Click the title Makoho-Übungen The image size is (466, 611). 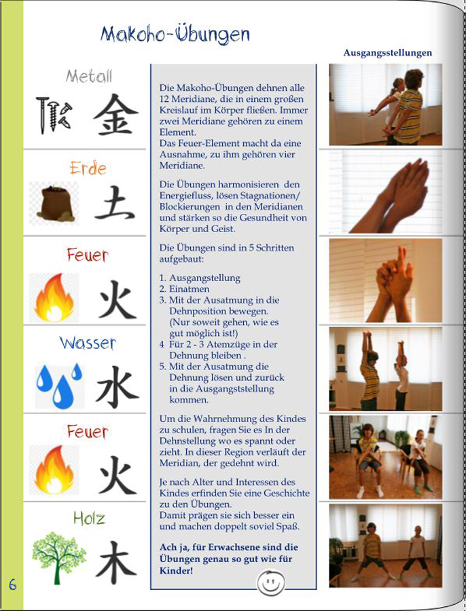click(175, 35)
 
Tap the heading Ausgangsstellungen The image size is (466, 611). click(388, 53)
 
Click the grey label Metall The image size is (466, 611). click(89, 76)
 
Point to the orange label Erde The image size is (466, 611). click(88, 168)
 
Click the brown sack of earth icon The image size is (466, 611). click(55, 204)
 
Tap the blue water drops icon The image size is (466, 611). click(59, 386)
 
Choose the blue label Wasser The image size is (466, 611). click(88, 344)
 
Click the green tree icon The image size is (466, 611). click(59, 557)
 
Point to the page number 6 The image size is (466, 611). click(12, 585)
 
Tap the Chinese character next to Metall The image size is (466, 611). click(115, 114)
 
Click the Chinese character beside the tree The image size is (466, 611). click(116, 562)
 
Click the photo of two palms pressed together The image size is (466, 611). click(385, 192)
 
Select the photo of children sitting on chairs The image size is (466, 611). click(385, 457)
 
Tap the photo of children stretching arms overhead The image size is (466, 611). click(385, 369)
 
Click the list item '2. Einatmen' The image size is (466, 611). click(184, 289)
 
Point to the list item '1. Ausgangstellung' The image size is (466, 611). click(200, 278)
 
